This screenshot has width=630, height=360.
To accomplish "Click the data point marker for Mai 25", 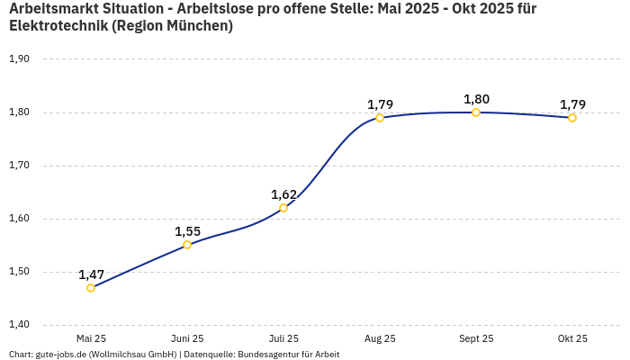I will coord(91,288).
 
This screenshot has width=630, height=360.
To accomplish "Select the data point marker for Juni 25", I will coord(187,245).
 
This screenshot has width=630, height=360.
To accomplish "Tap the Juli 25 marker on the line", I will coord(283,208).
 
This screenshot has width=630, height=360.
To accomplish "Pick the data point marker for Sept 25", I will coord(476,112).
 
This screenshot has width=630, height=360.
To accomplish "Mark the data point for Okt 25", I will coord(572,118).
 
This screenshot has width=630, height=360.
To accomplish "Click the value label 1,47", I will coord(91,274).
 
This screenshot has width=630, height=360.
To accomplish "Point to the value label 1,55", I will coord(187,231).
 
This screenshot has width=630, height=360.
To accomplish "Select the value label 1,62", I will coord(283,194).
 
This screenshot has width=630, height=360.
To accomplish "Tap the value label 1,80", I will coord(476,99).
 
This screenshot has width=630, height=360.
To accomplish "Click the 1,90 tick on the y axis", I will coord(19,59).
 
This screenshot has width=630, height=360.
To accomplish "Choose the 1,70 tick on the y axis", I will coord(19,166).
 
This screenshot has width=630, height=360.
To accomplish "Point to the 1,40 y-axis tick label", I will coord(19,325).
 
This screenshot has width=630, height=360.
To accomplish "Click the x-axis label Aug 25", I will coord(380,339).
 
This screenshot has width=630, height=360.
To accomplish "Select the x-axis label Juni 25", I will coord(187,339).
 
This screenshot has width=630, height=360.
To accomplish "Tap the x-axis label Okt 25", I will coord(572,339).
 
